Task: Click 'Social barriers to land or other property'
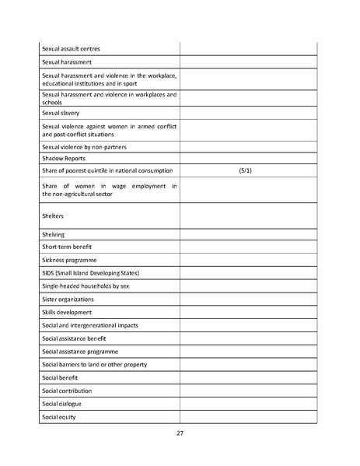coord(94,364)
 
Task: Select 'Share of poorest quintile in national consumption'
coord(107,170)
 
